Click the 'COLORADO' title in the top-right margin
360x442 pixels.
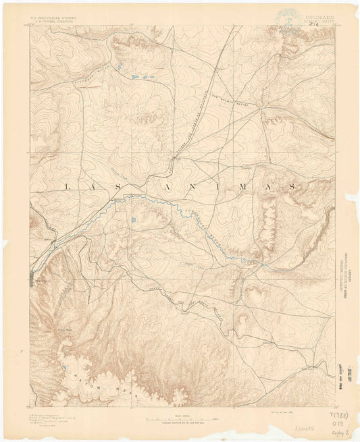[x=318, y=16]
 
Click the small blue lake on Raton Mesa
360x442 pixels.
[x=65, y=365]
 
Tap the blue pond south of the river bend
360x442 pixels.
[x=134, y=220]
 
